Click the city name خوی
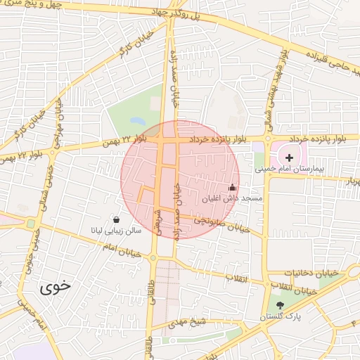click(55, 286)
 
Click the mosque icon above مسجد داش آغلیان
click(232, 188)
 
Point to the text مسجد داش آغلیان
click(232, 199)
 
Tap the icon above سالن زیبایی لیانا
click(115, 219)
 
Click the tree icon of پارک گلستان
click(281, 305)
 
